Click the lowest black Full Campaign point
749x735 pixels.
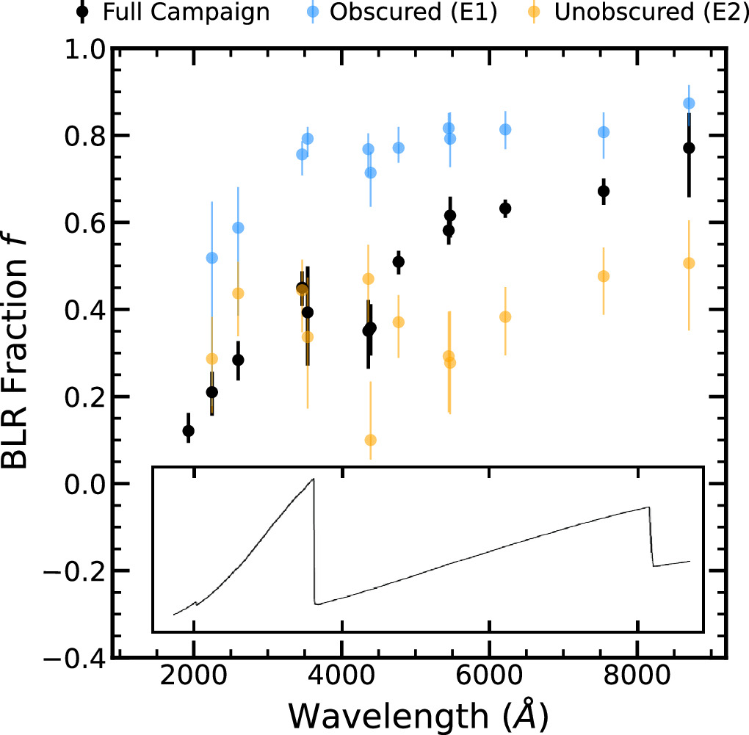pos(188,430)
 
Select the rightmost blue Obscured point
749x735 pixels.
pos(689,104)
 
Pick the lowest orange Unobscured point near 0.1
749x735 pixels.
pos(371,440)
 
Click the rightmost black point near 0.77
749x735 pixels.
pos(689,148)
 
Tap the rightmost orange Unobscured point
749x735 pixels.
pos(689,263)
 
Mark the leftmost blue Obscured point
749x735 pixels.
pos(212,258)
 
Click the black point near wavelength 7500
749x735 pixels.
pos(604,191)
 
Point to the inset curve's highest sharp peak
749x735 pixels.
pos(314,479)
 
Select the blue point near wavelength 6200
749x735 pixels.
pos(505,129)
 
